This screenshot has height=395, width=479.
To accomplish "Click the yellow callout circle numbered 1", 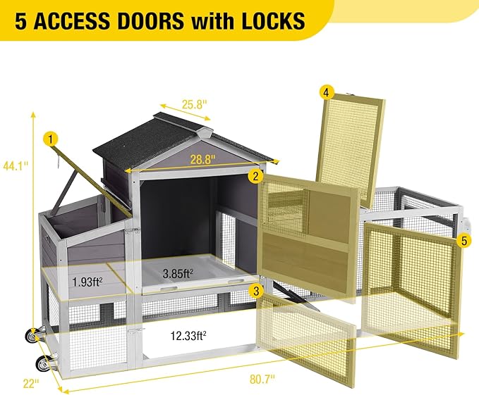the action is pyautogui.click(x=51, y=140).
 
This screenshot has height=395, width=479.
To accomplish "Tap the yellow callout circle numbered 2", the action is pyautogui.click(x=255, y=176).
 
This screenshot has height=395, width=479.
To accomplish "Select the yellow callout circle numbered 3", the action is pyautogui.click(x=256, y=291).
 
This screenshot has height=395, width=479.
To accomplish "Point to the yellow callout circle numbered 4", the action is pyautogui.click(x=327, y=93).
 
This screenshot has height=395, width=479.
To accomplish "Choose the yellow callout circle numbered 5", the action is pyautogui.click(x=464, y=241).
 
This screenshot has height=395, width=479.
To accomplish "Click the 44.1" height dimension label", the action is pyautogui.click(x=16, y=166).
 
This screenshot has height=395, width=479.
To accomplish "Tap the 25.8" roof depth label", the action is pyautogui.click(x=195, y=104).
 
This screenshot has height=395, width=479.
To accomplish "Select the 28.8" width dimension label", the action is pyautogui.click(x=203, y=159).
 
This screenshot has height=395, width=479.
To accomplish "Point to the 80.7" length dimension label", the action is pyautogui.click(x=262, y=380).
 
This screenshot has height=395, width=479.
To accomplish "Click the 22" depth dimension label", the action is pyautogui.click(x=31, y=383).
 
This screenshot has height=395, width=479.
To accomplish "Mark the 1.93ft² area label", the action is pyautogui.click(x=87, y=282).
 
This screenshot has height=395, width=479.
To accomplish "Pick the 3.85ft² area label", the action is pyautogui.click(x=178, y=273).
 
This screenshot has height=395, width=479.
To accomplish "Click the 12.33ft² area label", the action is pyautogui.click(x=188, y=336).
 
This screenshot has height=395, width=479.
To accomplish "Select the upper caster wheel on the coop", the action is pyautogui.click(x=32, y=335).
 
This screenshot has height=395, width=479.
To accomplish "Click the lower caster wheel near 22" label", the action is pyautogui.click(x=42, y=363).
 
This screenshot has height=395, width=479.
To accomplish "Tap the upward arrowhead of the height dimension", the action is pyautogui.click(x=33, y=115).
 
